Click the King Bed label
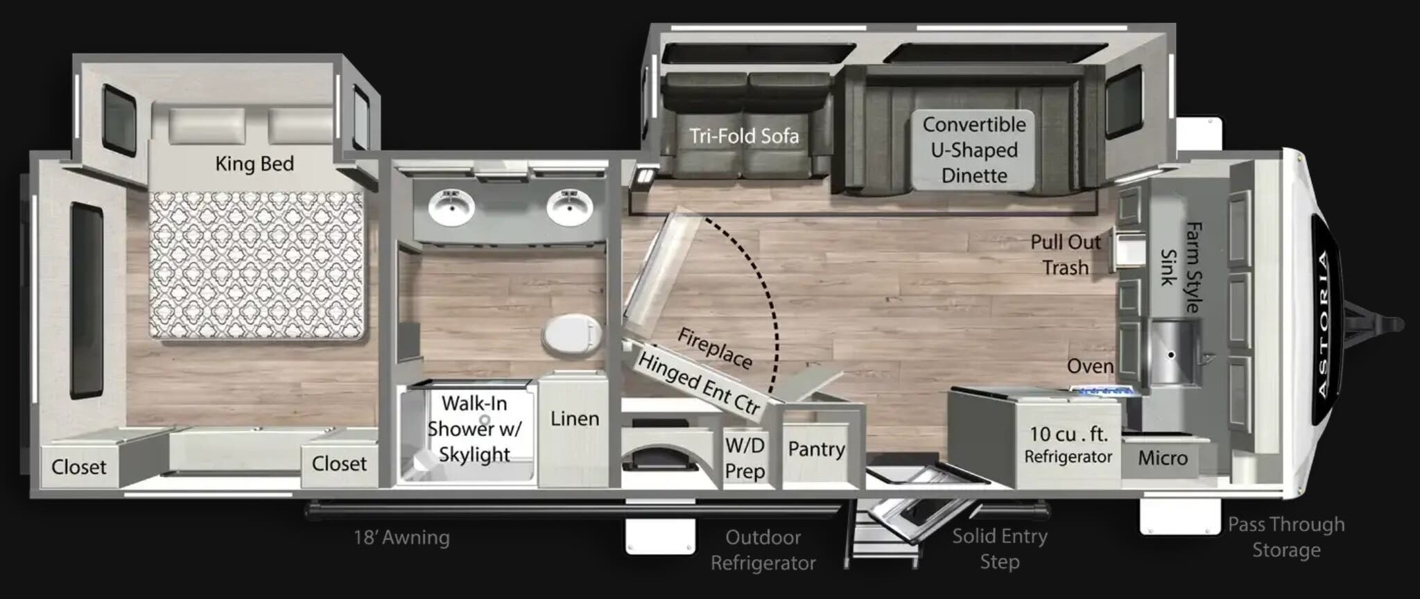click(x=254, y=164)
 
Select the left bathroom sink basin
click(x=451, y=207)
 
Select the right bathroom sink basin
click(x=569, y=207)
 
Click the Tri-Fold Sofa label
click(x=744, y=136)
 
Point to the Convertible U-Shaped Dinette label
click(x=974, y=150)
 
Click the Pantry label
click(x=816, y=449)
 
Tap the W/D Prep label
click(x=745, y=458)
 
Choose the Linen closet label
click(x=575, y=419)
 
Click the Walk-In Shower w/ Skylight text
click(x=474, y=428)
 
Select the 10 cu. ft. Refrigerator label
click(x=1068, y=444)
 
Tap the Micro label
click(x=1163, y=458)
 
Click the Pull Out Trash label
click(x=1066, y=254)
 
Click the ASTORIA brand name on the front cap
click(x=1324, y=324)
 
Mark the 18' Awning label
click(x=401, y=537)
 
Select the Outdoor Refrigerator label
click(x=763, y=550)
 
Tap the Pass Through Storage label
click(x=1286, y=537)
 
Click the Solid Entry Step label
click(x=999, y=548)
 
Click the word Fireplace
click(x=714, y=348)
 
